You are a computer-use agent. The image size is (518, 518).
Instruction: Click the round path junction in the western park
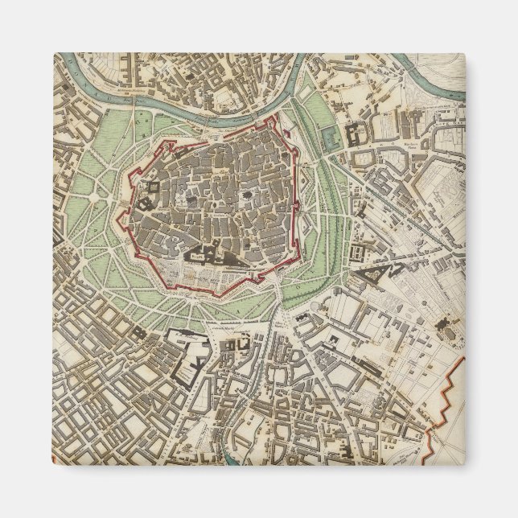99,195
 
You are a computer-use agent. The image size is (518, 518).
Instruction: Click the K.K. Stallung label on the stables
193,354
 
